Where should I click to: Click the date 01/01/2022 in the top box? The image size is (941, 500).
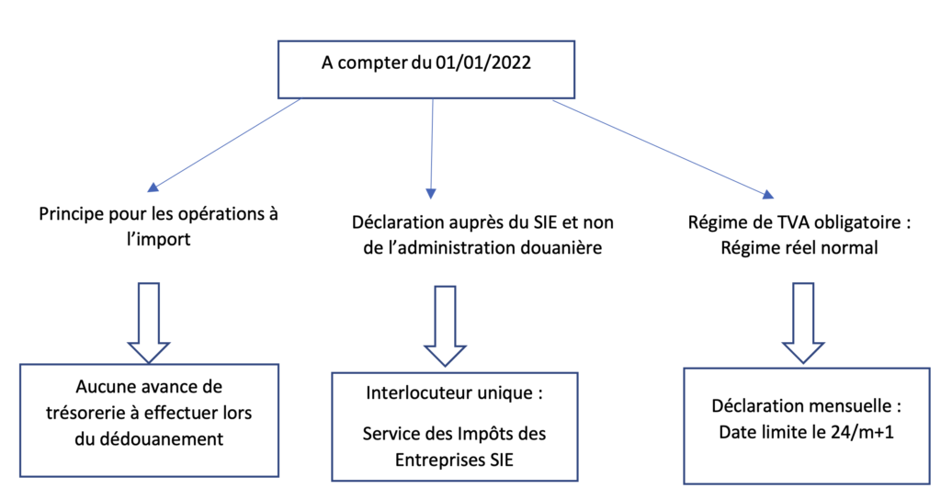tap(483, 63)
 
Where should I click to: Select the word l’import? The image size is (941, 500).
tap(158, 240)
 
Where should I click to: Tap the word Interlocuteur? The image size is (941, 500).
tap(419, 393)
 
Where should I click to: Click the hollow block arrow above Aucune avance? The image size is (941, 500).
tap(149, 323)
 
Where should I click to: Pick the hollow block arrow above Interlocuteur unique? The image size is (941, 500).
tap(445, 326)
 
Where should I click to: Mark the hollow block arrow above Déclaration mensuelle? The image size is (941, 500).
tap(803, 323)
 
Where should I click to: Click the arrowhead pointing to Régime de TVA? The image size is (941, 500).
tap(767, 195)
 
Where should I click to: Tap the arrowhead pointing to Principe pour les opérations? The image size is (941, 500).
tap(153, 187)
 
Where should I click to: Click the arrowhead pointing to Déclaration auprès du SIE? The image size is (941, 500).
tap(431, 193)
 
